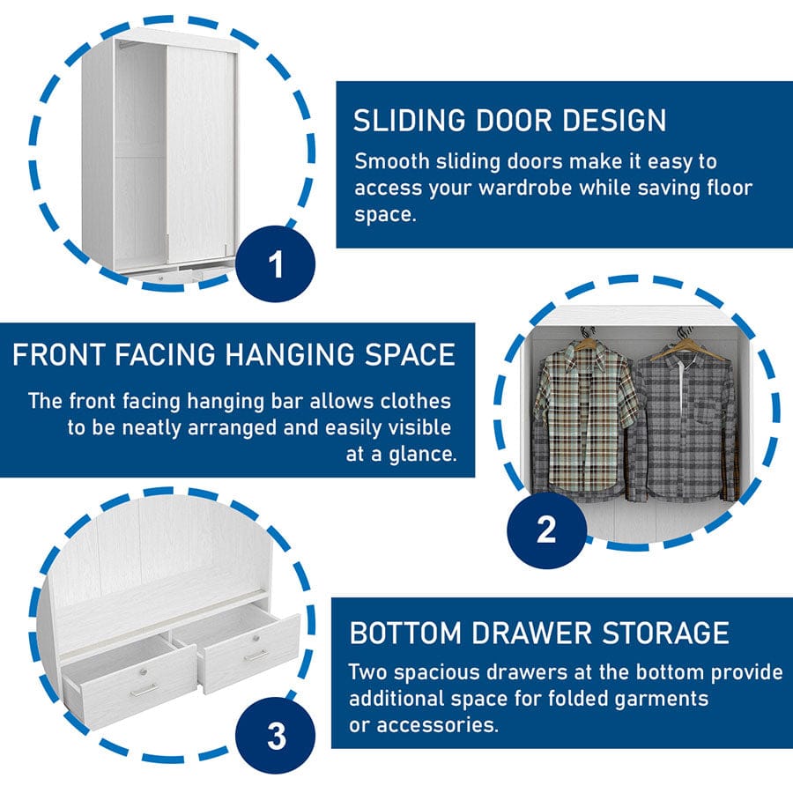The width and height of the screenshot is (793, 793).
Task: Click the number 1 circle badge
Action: [x=276, y=264]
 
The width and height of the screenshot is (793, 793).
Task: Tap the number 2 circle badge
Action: [x=546, y=530]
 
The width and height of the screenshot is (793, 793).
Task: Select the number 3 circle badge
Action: [x=276, y=736]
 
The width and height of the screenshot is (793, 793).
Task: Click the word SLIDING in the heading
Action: [x=410, y=121]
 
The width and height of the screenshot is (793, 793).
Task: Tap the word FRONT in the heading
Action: [x=59, y=354]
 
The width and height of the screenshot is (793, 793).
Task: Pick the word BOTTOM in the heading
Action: [x=405, y=633]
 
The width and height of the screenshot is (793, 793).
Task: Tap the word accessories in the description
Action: [x=437, y=725]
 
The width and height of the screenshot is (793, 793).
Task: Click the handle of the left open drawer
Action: [x=144, y=690]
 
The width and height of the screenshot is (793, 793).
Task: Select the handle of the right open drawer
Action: [x=256, y=655]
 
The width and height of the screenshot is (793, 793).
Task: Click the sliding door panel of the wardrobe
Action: [x=201, y=155]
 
